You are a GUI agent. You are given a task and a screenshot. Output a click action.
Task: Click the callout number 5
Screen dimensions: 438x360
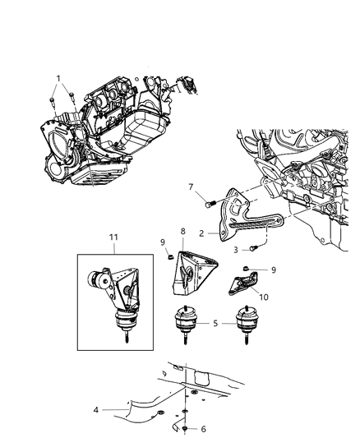tap(215, 323)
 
